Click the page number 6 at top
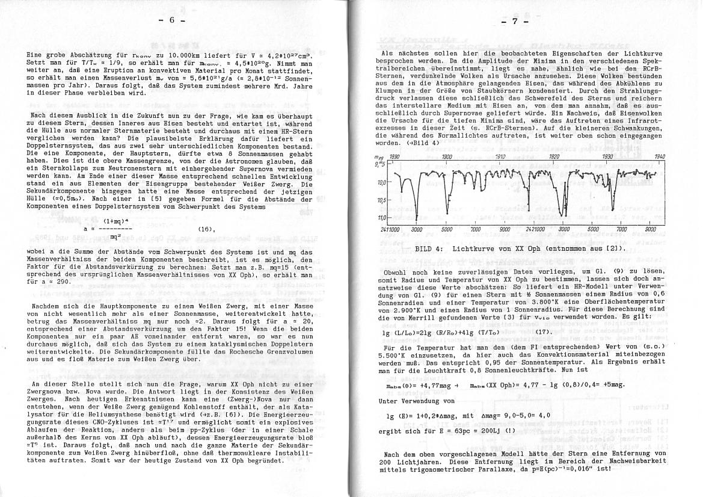coord(170,20)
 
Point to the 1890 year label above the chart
coord(394,156)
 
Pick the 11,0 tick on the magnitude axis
coord(381,217)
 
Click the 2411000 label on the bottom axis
coord(390,230)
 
